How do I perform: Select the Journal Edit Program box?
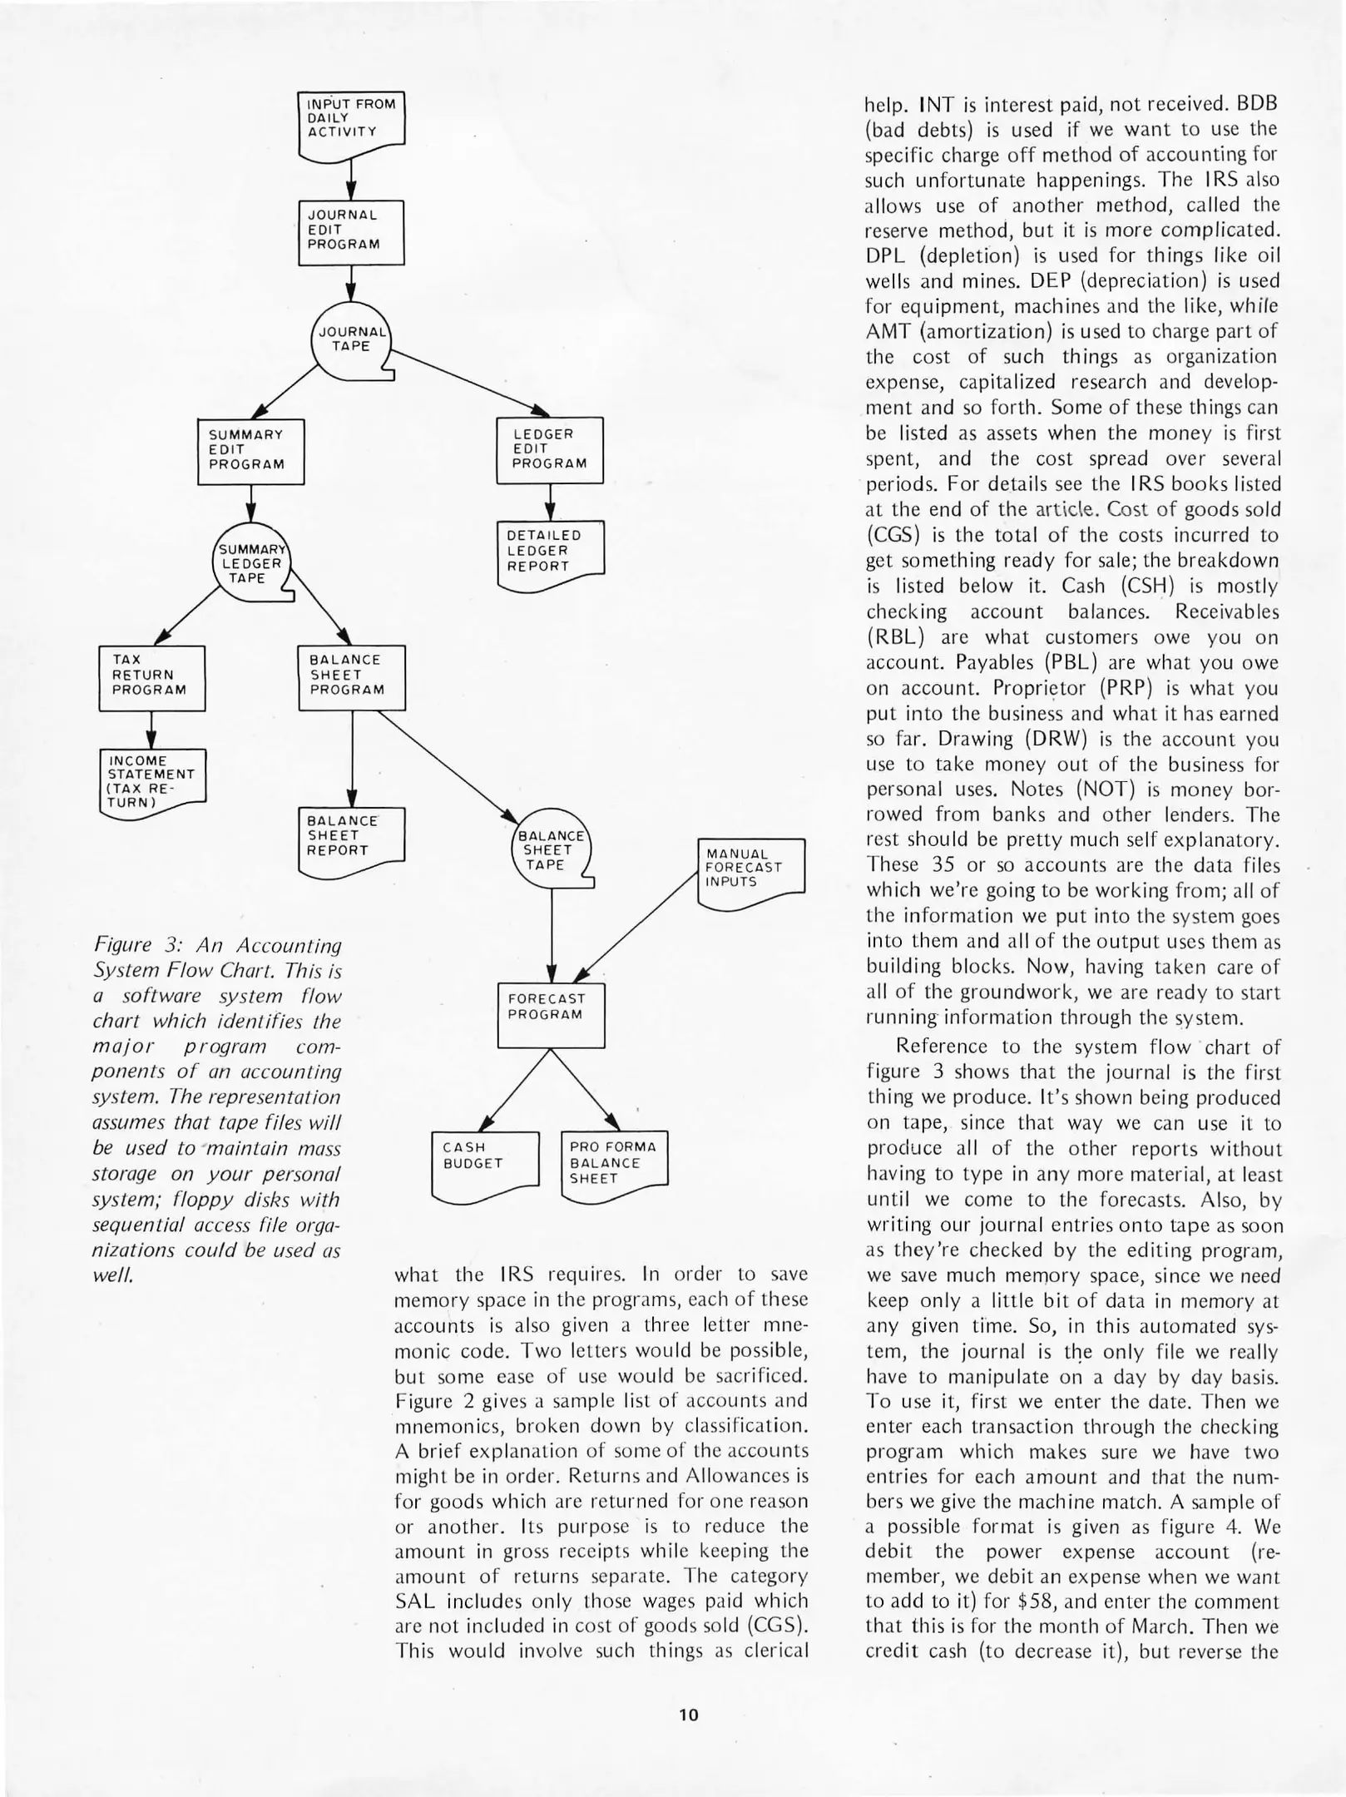tap(351, 232)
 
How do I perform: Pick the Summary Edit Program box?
tap(250, 451)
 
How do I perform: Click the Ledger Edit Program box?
tap(549, 450)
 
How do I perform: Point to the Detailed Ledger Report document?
tap(549, 552)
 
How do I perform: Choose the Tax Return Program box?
tap(151, 677)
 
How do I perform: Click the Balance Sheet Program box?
tap(351, 677)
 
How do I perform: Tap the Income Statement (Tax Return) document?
tap(151, 782)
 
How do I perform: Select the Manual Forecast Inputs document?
tap(750, 870)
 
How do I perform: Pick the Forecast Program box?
tap(551, 1015)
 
